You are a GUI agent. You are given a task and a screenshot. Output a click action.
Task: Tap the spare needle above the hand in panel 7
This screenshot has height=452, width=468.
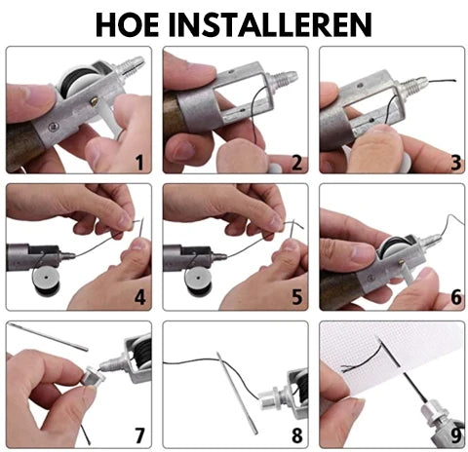point(49,337)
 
